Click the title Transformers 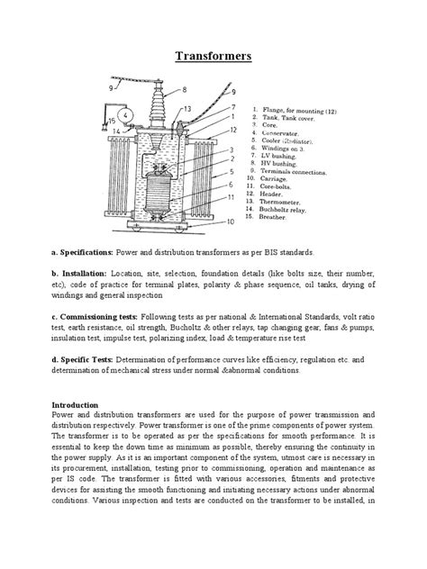[213, 58]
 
